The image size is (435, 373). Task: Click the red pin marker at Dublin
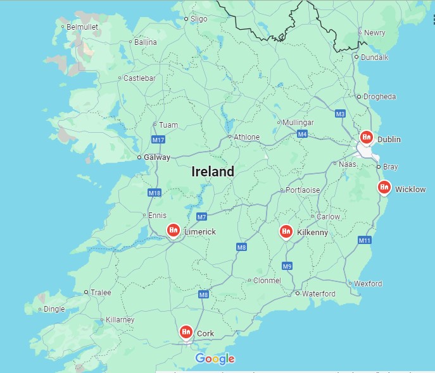coord(366,137)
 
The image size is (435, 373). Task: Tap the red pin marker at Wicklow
coord(384,187)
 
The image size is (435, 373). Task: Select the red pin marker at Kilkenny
coord(286,232)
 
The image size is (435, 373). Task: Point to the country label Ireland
coord(213,171)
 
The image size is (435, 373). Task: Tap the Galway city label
coord(157,157)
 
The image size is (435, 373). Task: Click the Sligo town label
coord(199,19)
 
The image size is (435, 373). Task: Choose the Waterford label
coord(318,294)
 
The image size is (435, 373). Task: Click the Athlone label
coord(246,137)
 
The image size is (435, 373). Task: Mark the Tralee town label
coord(100,293)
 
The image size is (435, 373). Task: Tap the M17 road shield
coord(158,139)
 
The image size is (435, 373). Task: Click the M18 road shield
coord(154,192)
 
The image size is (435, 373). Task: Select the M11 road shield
coord(364,240)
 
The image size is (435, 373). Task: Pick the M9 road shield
coord(287,266)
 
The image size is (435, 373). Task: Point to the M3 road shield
coord(341,114)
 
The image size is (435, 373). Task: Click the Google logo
coord(215,359)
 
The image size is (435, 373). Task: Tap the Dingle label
coord(54,309)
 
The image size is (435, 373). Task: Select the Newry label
coord(374,33)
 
